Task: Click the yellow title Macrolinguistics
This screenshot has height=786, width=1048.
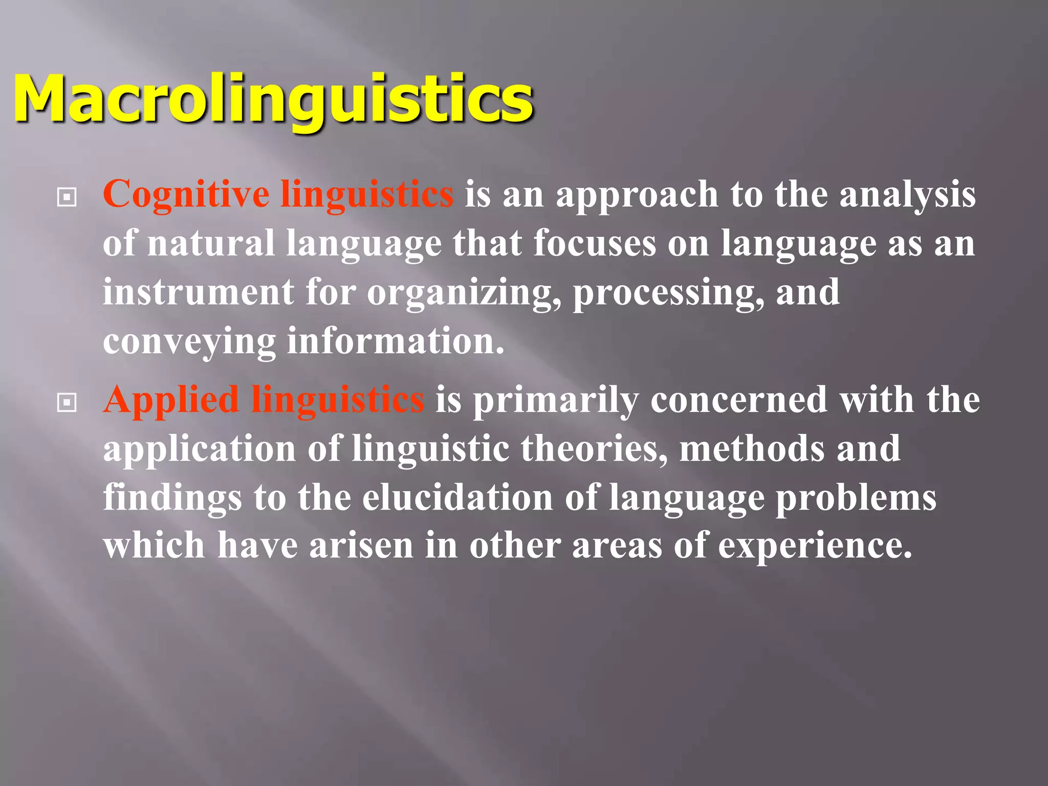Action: coord(273,98)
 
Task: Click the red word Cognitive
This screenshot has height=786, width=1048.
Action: coord(186,195)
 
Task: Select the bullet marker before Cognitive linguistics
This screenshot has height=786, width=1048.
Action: coord(67,197)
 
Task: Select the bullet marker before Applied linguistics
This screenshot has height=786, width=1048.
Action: coord(67,402)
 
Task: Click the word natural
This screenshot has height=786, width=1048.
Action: coord(211,244)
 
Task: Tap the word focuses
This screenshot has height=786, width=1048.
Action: coord(594,244)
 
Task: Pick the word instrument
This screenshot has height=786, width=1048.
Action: coord(198,293)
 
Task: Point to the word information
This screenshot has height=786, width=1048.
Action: coord(396,341)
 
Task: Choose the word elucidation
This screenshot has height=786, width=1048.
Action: coord(457,498)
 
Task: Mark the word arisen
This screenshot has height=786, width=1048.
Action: coord(361,546)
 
